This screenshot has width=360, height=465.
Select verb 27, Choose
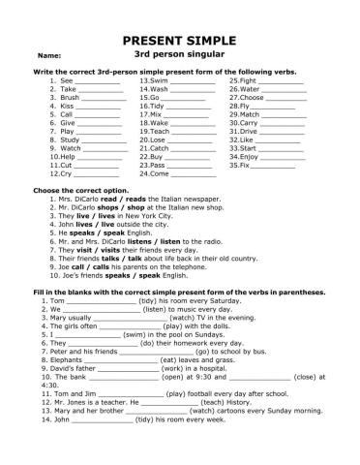254,98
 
